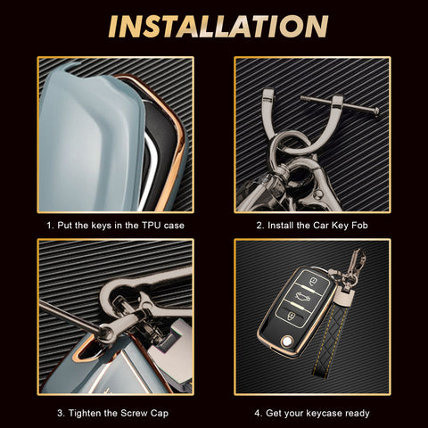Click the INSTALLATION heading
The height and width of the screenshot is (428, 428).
pos(218,27)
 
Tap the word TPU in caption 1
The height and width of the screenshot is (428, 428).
pos(152,226)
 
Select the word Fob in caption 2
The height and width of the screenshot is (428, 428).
pos(359,226)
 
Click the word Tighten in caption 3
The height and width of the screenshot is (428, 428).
pos(86,413)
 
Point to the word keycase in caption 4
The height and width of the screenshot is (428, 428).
pos(324,414)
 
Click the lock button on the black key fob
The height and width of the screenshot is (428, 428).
pos(313,281)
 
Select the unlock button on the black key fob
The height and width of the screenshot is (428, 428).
pos(290,315)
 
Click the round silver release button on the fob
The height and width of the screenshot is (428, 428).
pos(287,342)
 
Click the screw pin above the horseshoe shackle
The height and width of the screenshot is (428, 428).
pos(340,104)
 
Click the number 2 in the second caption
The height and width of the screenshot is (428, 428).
pos(259,226)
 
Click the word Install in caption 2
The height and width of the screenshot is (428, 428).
pos(281,226)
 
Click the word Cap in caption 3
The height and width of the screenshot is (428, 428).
pos(160,414)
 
